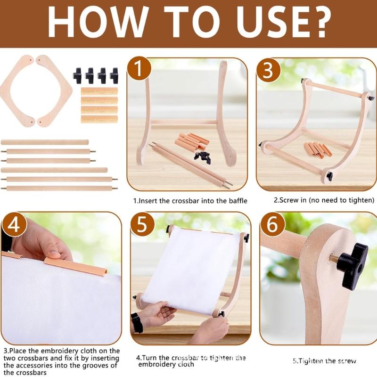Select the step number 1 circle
point(140,70)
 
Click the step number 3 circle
point(268,70)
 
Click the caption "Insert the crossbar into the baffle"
point(190,200)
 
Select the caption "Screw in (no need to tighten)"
point(324,200)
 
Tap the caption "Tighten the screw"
point(324,361)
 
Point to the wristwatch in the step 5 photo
point(137,323)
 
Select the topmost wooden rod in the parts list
point(45,142)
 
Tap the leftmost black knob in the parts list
point(78,74)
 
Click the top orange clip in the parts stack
point(99,91)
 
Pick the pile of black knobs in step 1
point(203,157)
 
